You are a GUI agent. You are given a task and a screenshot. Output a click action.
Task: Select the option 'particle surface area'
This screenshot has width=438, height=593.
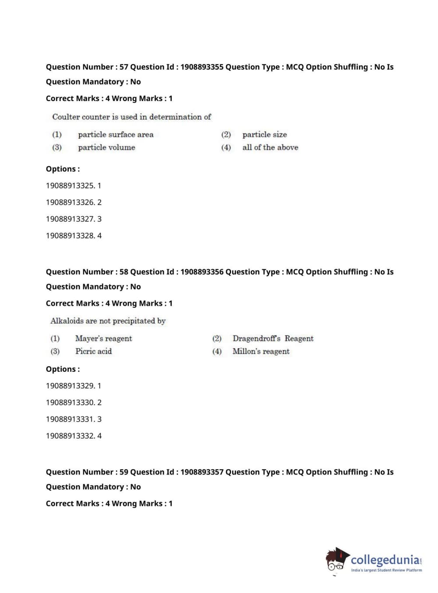pos(116,135)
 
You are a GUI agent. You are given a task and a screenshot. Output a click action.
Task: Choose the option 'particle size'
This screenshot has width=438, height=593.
pos(264,135)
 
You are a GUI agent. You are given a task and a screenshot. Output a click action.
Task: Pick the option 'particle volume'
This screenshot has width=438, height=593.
pos(106,147)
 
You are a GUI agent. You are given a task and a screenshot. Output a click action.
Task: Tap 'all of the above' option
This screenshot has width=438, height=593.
pos(270,147)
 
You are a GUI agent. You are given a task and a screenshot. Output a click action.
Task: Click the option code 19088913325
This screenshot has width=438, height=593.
pos(70,185)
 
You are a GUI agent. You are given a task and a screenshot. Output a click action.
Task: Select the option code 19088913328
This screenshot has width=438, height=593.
pos(70,235)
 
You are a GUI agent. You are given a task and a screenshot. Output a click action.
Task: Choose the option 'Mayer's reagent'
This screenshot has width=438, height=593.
pos(103,338)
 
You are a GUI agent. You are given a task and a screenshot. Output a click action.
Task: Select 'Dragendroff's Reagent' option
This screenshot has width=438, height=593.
pos(273,338)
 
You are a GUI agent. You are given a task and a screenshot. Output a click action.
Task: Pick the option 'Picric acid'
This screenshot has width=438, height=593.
pos(93,351)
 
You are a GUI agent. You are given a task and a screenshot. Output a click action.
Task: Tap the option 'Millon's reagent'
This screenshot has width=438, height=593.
pos(261,351)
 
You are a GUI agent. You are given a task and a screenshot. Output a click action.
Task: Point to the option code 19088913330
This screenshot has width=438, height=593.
pos(70,402)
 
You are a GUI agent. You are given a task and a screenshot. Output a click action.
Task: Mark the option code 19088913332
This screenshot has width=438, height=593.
pos(70,436)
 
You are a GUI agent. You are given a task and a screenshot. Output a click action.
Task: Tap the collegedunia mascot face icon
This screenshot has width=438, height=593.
pos(336,560)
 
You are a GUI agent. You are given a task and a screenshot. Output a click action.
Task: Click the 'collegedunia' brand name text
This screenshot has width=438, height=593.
pos(385,560)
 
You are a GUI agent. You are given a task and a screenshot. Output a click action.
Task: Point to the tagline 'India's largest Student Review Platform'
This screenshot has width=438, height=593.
pos(386,570)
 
